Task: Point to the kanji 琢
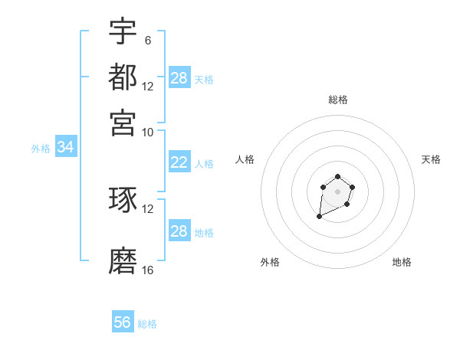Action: click(123, 200)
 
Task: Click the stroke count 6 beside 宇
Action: click(147, 40)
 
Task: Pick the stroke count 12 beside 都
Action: click(148, 86)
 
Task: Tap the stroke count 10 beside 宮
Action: click(148, 132)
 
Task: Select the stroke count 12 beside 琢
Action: click(148, 209)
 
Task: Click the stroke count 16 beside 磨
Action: click(148, 270)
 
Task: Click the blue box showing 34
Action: click(65, 148)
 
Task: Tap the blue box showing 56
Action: click(123, 322)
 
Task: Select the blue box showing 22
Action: click(179, 162)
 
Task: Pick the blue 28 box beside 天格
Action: click(179, 77)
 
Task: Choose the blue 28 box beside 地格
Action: click(179, 231)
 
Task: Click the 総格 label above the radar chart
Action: click(337, 100)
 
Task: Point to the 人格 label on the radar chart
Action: click(245, 159)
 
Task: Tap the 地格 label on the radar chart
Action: click(402, 262)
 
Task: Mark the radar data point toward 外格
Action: click(319, 218)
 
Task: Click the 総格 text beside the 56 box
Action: click(147, 324)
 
